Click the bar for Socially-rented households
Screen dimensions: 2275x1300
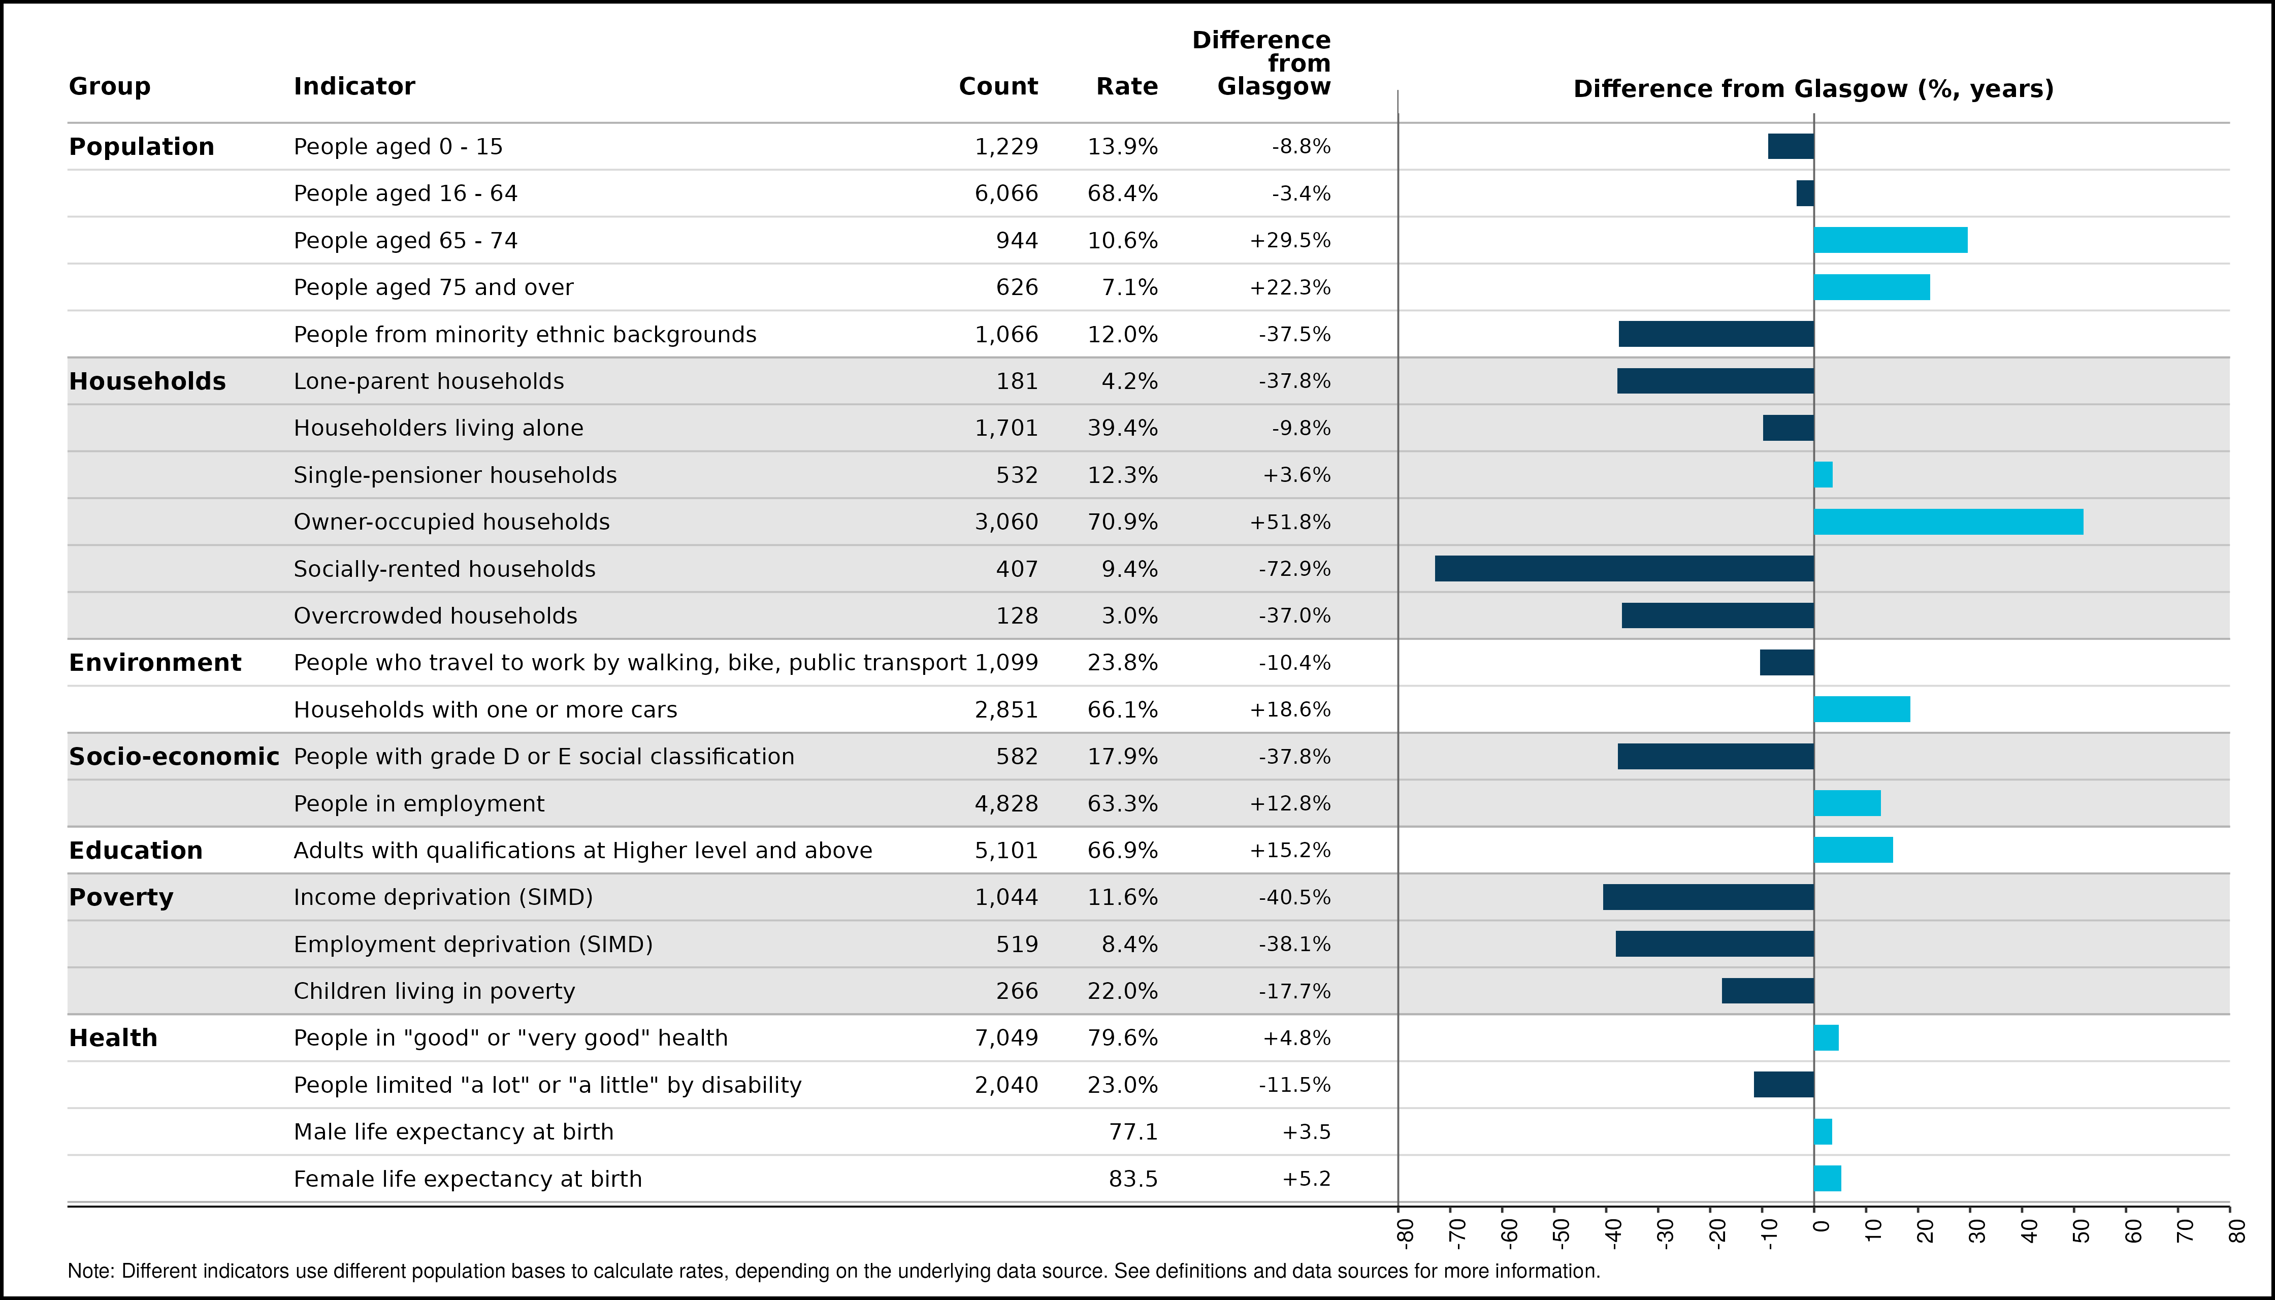coord(1624,569)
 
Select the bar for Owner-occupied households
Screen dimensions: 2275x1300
coord(1948,522)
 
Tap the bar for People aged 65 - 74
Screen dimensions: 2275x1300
coord(1890,240)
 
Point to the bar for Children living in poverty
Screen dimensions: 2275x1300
coord(1768,991)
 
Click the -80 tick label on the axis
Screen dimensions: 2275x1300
coord(1405,1232)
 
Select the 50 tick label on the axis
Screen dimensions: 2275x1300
coord(2081,1230)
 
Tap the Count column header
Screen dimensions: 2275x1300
coord(998,87)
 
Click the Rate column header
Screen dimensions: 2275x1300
coord(1127,87)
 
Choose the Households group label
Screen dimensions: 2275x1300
coord(147,381)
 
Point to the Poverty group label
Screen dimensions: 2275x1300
coord(121,897)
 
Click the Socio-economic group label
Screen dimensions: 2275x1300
coord(174,756)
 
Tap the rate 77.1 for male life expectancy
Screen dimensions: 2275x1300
coord(1133,1132)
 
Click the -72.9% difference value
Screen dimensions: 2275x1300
coord(1294,569)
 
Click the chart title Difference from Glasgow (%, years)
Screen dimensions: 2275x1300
coord(1813,89)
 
